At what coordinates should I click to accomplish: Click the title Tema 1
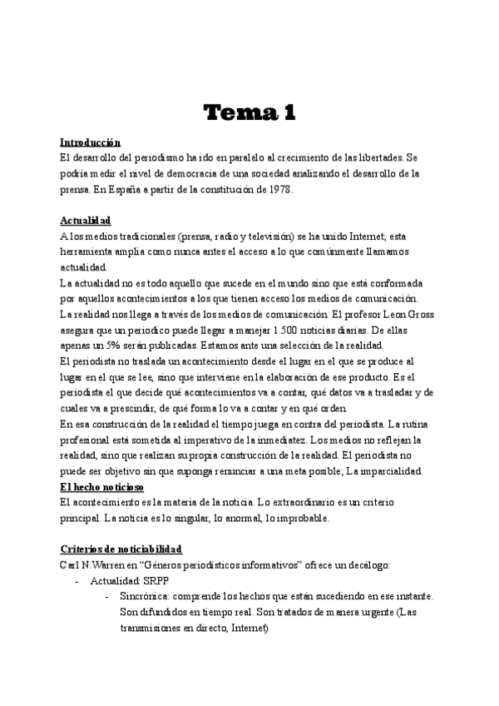point(249,112)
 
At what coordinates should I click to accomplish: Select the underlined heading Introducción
point(91,142)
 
